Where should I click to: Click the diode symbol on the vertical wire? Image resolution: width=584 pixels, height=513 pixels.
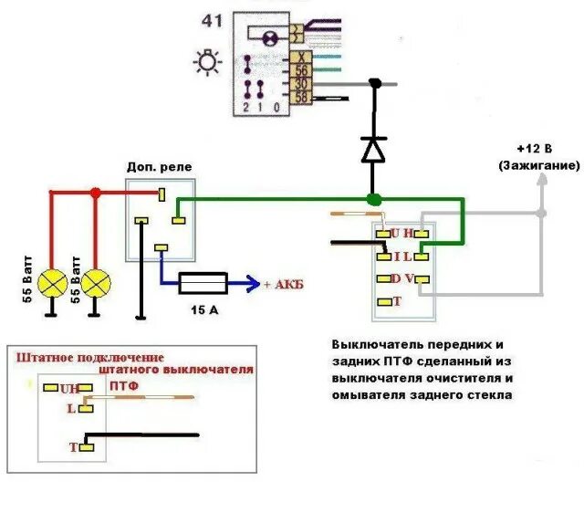(373, 148)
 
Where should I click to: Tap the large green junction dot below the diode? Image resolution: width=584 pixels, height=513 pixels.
(373, 199)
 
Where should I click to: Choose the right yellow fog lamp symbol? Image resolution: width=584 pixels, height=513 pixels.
(95, 284)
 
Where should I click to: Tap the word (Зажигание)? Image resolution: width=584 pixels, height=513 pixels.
(539, 166)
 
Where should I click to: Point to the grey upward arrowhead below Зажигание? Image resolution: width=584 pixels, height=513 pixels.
(541, 180)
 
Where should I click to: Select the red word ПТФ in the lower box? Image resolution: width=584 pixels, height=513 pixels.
(125, 387)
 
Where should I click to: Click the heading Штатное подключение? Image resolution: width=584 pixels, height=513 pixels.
(90, 356)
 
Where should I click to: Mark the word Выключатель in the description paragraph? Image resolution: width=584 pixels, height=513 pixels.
(376, 345)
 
